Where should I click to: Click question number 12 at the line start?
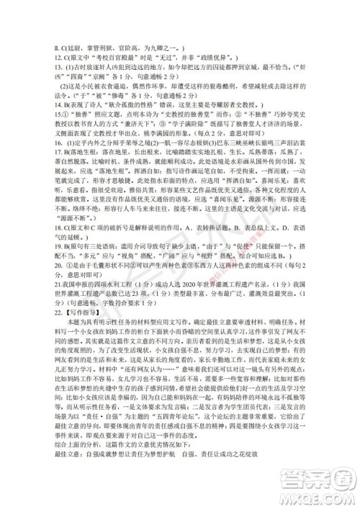27,45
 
